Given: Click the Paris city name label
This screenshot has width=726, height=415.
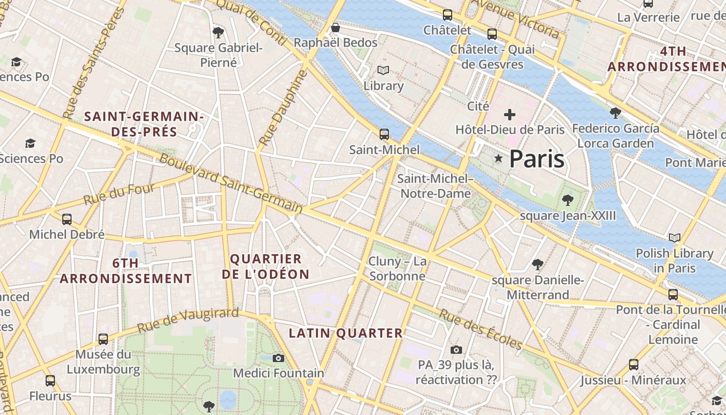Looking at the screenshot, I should coord(536,159).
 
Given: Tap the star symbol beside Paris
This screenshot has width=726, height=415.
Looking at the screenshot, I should coord(498,158).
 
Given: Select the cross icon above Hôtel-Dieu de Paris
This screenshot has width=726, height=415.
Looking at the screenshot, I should coord(510,115).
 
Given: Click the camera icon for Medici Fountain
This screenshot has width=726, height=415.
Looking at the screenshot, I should coord(278,358).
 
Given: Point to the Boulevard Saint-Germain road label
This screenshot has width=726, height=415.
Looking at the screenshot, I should coord(231,184).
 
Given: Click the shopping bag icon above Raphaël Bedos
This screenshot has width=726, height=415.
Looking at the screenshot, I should coord(336,27).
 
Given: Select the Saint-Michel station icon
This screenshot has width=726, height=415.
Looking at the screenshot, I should coord(384,134).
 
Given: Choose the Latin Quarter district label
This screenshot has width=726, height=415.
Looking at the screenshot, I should coord(345,333).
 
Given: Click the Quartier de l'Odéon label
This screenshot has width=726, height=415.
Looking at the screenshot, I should coord(266,267).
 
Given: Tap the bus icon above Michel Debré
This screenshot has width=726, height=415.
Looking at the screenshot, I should coord(67,219).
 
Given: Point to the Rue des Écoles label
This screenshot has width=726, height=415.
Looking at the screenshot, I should coord(480,329).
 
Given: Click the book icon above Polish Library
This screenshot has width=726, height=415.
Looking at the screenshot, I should coord(674,238).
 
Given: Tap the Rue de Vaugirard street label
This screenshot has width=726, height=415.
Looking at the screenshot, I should coord(188,320).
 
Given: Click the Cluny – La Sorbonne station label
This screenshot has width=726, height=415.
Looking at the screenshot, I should coord(397,268).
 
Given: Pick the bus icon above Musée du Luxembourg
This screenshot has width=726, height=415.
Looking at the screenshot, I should coord(103,339).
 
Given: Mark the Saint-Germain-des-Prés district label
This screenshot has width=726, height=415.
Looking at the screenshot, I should coord(144,124).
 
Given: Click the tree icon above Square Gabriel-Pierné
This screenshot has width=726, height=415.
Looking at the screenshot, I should coord(218,33).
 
